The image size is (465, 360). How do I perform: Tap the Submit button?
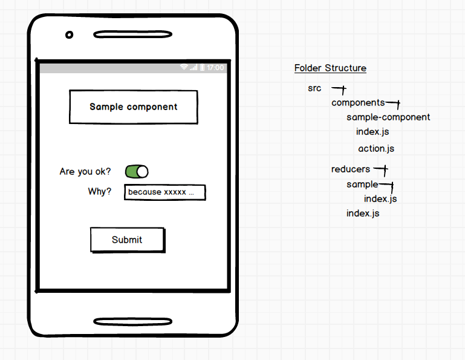pos(127,240)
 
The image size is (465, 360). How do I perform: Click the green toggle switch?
pos(137,172)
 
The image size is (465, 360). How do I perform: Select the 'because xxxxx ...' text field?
pos(164,192)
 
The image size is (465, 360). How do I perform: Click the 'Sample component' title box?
pos(134,107)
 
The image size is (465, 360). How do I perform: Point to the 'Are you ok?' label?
pos(85,172)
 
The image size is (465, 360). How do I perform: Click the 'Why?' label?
pos(100,192)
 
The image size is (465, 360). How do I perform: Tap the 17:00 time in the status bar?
pos(215,68)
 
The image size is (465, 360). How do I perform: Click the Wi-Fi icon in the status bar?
pos(184,68)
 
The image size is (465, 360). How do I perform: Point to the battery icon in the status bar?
pos(202,68)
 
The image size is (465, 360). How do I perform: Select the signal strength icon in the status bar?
pos(193,68)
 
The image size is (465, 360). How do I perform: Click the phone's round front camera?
pos(70,34)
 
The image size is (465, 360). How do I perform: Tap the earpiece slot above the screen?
pos(132,34)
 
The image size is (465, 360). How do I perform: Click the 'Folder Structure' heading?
pos(330,68)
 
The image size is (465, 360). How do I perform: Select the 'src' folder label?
pos(314,88)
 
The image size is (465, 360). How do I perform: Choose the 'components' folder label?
pos(358,103)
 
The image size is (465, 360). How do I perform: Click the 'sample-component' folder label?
pos(388,117)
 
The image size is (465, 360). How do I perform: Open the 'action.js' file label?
pos(376,149)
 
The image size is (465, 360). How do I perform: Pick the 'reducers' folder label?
pos(351,169)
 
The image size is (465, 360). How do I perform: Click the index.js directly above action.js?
pos(372,132)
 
